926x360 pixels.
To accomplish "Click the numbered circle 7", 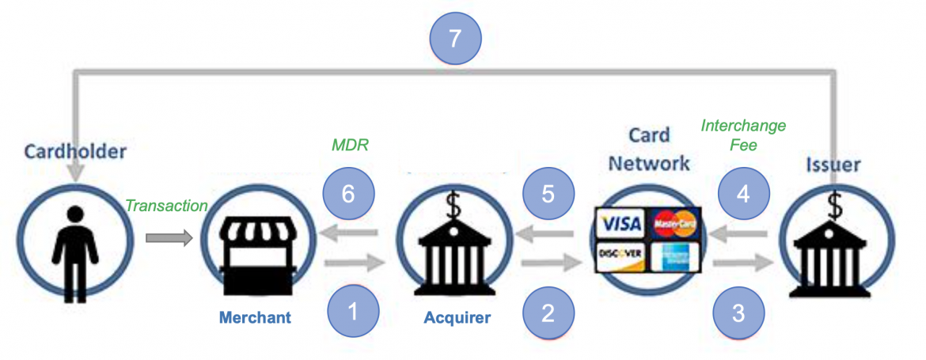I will point(455,39).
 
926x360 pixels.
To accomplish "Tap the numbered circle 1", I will point(353,310).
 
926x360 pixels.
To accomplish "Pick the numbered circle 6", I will point(349,195).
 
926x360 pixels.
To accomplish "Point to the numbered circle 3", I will point(738,313).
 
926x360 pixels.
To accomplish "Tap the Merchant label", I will point(256,318).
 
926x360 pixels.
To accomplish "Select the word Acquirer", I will point(457,318).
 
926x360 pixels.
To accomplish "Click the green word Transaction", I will point(166,206).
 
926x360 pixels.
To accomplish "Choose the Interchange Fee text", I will point(744,135).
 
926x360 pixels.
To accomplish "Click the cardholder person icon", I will point(74,241).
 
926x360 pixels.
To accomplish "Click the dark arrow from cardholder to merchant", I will point(169,236).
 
